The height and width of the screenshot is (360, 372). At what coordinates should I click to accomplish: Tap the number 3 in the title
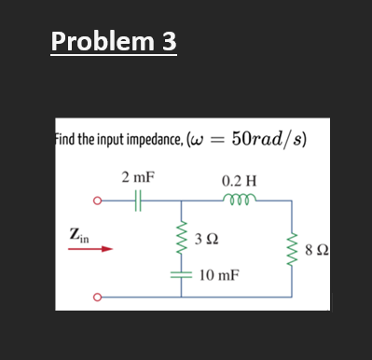170,42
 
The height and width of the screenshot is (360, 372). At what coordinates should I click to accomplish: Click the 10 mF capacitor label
217,276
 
